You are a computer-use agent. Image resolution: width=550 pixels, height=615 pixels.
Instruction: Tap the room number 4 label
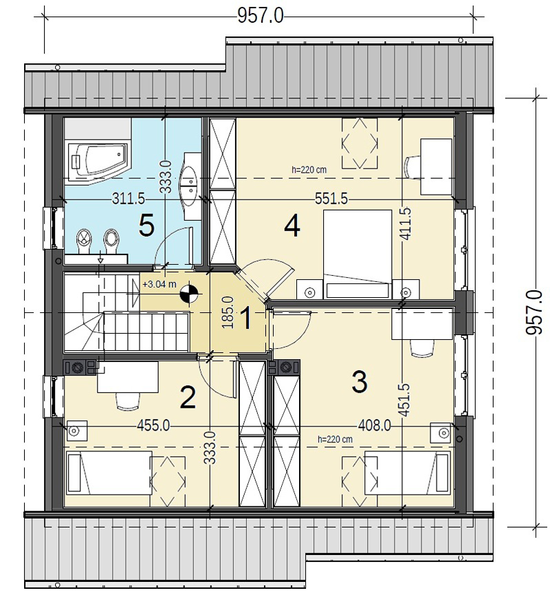(x=292, y=226)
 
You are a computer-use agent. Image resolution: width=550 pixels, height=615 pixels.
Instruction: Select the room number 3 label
(x=360, y=382)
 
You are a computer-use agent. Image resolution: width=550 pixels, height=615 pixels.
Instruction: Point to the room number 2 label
(x=188, y=398)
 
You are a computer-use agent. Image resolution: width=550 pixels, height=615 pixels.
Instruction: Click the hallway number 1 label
(x=247, y=319)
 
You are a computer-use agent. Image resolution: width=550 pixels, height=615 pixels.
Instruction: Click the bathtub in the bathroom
(x=98, y=159)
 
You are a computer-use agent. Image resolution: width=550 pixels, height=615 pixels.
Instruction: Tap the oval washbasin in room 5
(x=191, y=181)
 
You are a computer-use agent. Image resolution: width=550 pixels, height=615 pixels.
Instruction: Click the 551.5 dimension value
(x=331, y=199)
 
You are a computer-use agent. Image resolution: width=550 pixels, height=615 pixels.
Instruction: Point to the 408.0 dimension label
(x=375, y=425)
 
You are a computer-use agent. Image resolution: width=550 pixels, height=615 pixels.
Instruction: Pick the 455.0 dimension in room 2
(x=153, y=425)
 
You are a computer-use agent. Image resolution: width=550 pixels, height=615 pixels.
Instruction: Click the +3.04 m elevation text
(x=159, y=284)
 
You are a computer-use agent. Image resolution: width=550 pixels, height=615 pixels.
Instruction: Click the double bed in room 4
(x=357, y=254)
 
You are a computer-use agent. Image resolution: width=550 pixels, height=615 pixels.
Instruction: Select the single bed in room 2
(x=109, y=472)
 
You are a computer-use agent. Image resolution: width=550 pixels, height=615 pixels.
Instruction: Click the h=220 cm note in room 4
(x=309, y=170)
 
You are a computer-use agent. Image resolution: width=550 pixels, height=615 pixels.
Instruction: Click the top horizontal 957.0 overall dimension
(x=261, y=17)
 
